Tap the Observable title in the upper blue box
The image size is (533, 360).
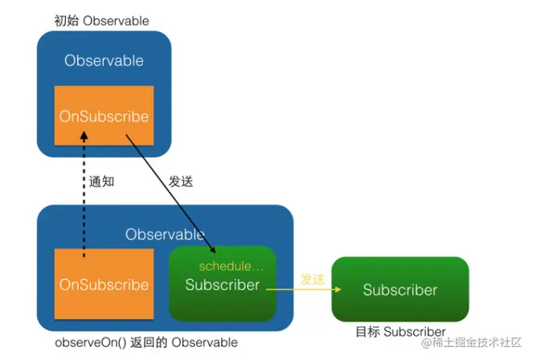pos(105,61)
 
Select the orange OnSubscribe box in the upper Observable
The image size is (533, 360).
pos(104,117)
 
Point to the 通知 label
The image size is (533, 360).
pos(102,182)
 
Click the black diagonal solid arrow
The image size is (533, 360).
pos(170,192)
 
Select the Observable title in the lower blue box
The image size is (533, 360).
pos(165,235)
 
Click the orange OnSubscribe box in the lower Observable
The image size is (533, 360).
pos(104,285)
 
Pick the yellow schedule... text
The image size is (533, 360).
pos(232,266)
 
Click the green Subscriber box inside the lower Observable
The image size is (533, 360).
pos(223,285)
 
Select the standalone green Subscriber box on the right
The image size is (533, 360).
pos(400,290)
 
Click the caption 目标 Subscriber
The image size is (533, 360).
pos(400,332)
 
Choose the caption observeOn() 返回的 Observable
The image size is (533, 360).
pos(146,343)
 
